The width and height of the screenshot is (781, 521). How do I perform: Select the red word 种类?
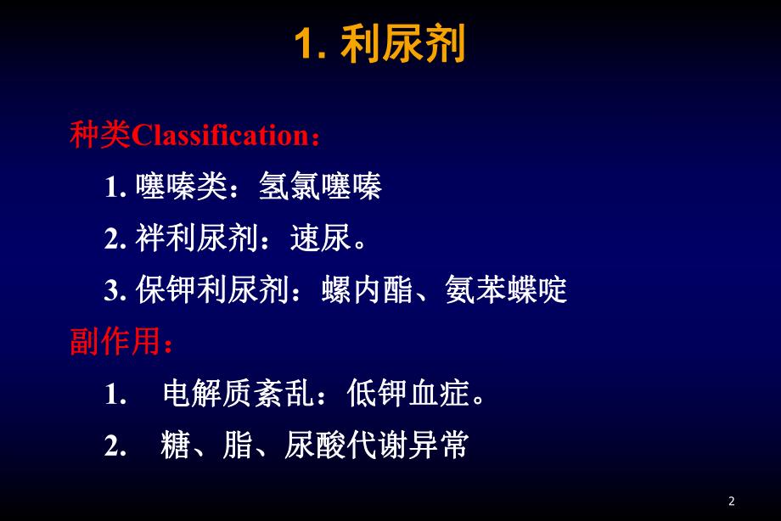point(100,135)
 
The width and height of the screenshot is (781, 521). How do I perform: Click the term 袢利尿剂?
point(196,239)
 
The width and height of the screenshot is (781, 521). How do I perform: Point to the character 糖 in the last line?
point(174,446)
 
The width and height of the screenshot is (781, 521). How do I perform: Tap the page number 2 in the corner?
point(733,501)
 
